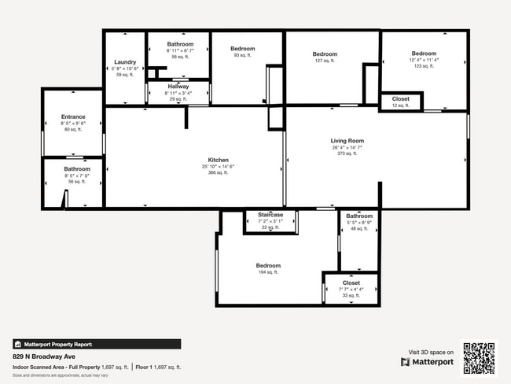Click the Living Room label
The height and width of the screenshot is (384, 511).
pyautogui.click(x=347, y=141)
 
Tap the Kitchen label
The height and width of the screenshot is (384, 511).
pyautogui.click(x=218, y=160)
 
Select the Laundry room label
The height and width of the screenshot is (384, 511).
pyautogui.click(x=125, y=62)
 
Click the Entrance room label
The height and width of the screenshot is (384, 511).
pyautogui.click(x=72, y=116)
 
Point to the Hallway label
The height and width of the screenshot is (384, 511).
pyautogui.click(x=178, y=87)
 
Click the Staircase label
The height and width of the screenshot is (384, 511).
pyautogui.click(x=270, y=215)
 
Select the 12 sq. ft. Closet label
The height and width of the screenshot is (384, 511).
pyautogui.click(x=400, y=99)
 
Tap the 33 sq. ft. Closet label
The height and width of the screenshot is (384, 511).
pyautogui.click(x=351, y=282)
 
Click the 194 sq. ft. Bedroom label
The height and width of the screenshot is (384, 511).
pyautogui.click(x=268, y=266)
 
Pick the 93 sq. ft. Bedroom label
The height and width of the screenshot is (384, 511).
pyautogui.click(x=244, y=49)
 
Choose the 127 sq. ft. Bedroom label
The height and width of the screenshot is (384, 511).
pyautogui.click(x=325, y=54)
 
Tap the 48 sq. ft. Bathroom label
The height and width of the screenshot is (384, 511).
pyautogui.click(x=359, y=216)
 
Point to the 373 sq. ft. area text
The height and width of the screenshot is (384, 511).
pyautogui.click(x=347, y=153)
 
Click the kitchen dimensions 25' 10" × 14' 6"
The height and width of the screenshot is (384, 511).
pyautogui.click(x=218, y=166)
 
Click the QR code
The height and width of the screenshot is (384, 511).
pyautogui.click(x=479, y=357)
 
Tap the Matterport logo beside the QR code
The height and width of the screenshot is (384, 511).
pyautogui.click(x=427, y=362)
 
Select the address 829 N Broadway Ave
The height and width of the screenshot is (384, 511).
pyautogui.click(x=44, y=356)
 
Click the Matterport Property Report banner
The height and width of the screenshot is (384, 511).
pyautogui.click(x=97, y=344)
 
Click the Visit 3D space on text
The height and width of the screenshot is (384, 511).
pyautogui.click(x=431, y=352)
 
